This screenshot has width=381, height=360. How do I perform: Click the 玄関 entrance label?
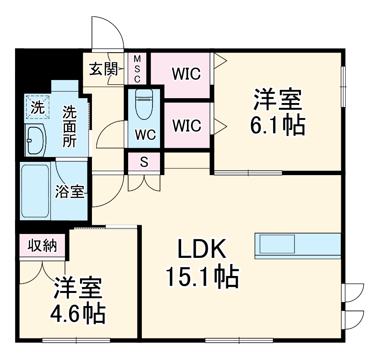pos(103,69)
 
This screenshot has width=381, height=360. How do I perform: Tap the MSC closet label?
pos(137,69)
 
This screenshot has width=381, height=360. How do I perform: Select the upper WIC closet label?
pos(186,74)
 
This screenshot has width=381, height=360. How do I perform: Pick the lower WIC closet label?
pos(186,126)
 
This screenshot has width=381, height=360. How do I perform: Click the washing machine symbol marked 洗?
pos(38,107)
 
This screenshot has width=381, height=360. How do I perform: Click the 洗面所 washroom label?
pos(69,126)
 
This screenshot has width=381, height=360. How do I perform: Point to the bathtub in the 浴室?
pos(35,191)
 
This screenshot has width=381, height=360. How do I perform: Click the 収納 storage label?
pos(43,246)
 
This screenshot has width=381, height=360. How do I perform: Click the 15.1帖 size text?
pos(202,277)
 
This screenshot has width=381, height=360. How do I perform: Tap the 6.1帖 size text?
pos(277,126)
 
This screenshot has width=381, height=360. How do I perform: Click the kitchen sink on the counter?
pos(277,244)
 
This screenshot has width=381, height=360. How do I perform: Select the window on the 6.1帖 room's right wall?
pos(343,86)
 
